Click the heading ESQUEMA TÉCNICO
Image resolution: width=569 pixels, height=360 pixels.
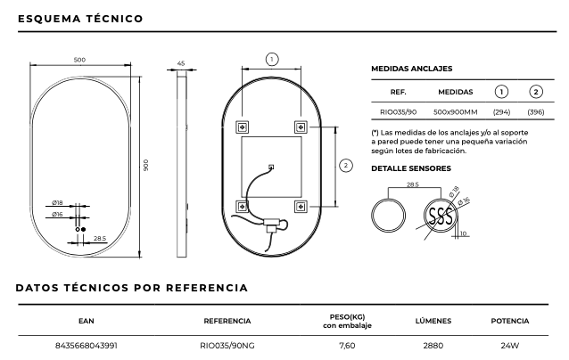tap(79, 18)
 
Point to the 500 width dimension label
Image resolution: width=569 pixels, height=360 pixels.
tap(79, 60)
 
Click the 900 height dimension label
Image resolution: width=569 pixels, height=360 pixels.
tap(145, 165)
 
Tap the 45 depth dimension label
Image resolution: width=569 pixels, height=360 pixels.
tap(181, 64)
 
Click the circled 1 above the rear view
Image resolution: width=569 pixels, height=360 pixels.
tap(272, 59)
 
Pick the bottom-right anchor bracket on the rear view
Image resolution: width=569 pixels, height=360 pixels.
tap(301, 207)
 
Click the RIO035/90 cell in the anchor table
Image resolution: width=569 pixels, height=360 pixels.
tap(399, 113)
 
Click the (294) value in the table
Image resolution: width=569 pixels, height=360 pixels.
tap(501, 113)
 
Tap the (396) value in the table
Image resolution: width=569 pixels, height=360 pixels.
tap(536, 113)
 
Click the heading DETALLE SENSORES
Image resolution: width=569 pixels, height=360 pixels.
tap(410, 168)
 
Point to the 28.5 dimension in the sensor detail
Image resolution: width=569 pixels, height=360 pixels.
tap(412, 185)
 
